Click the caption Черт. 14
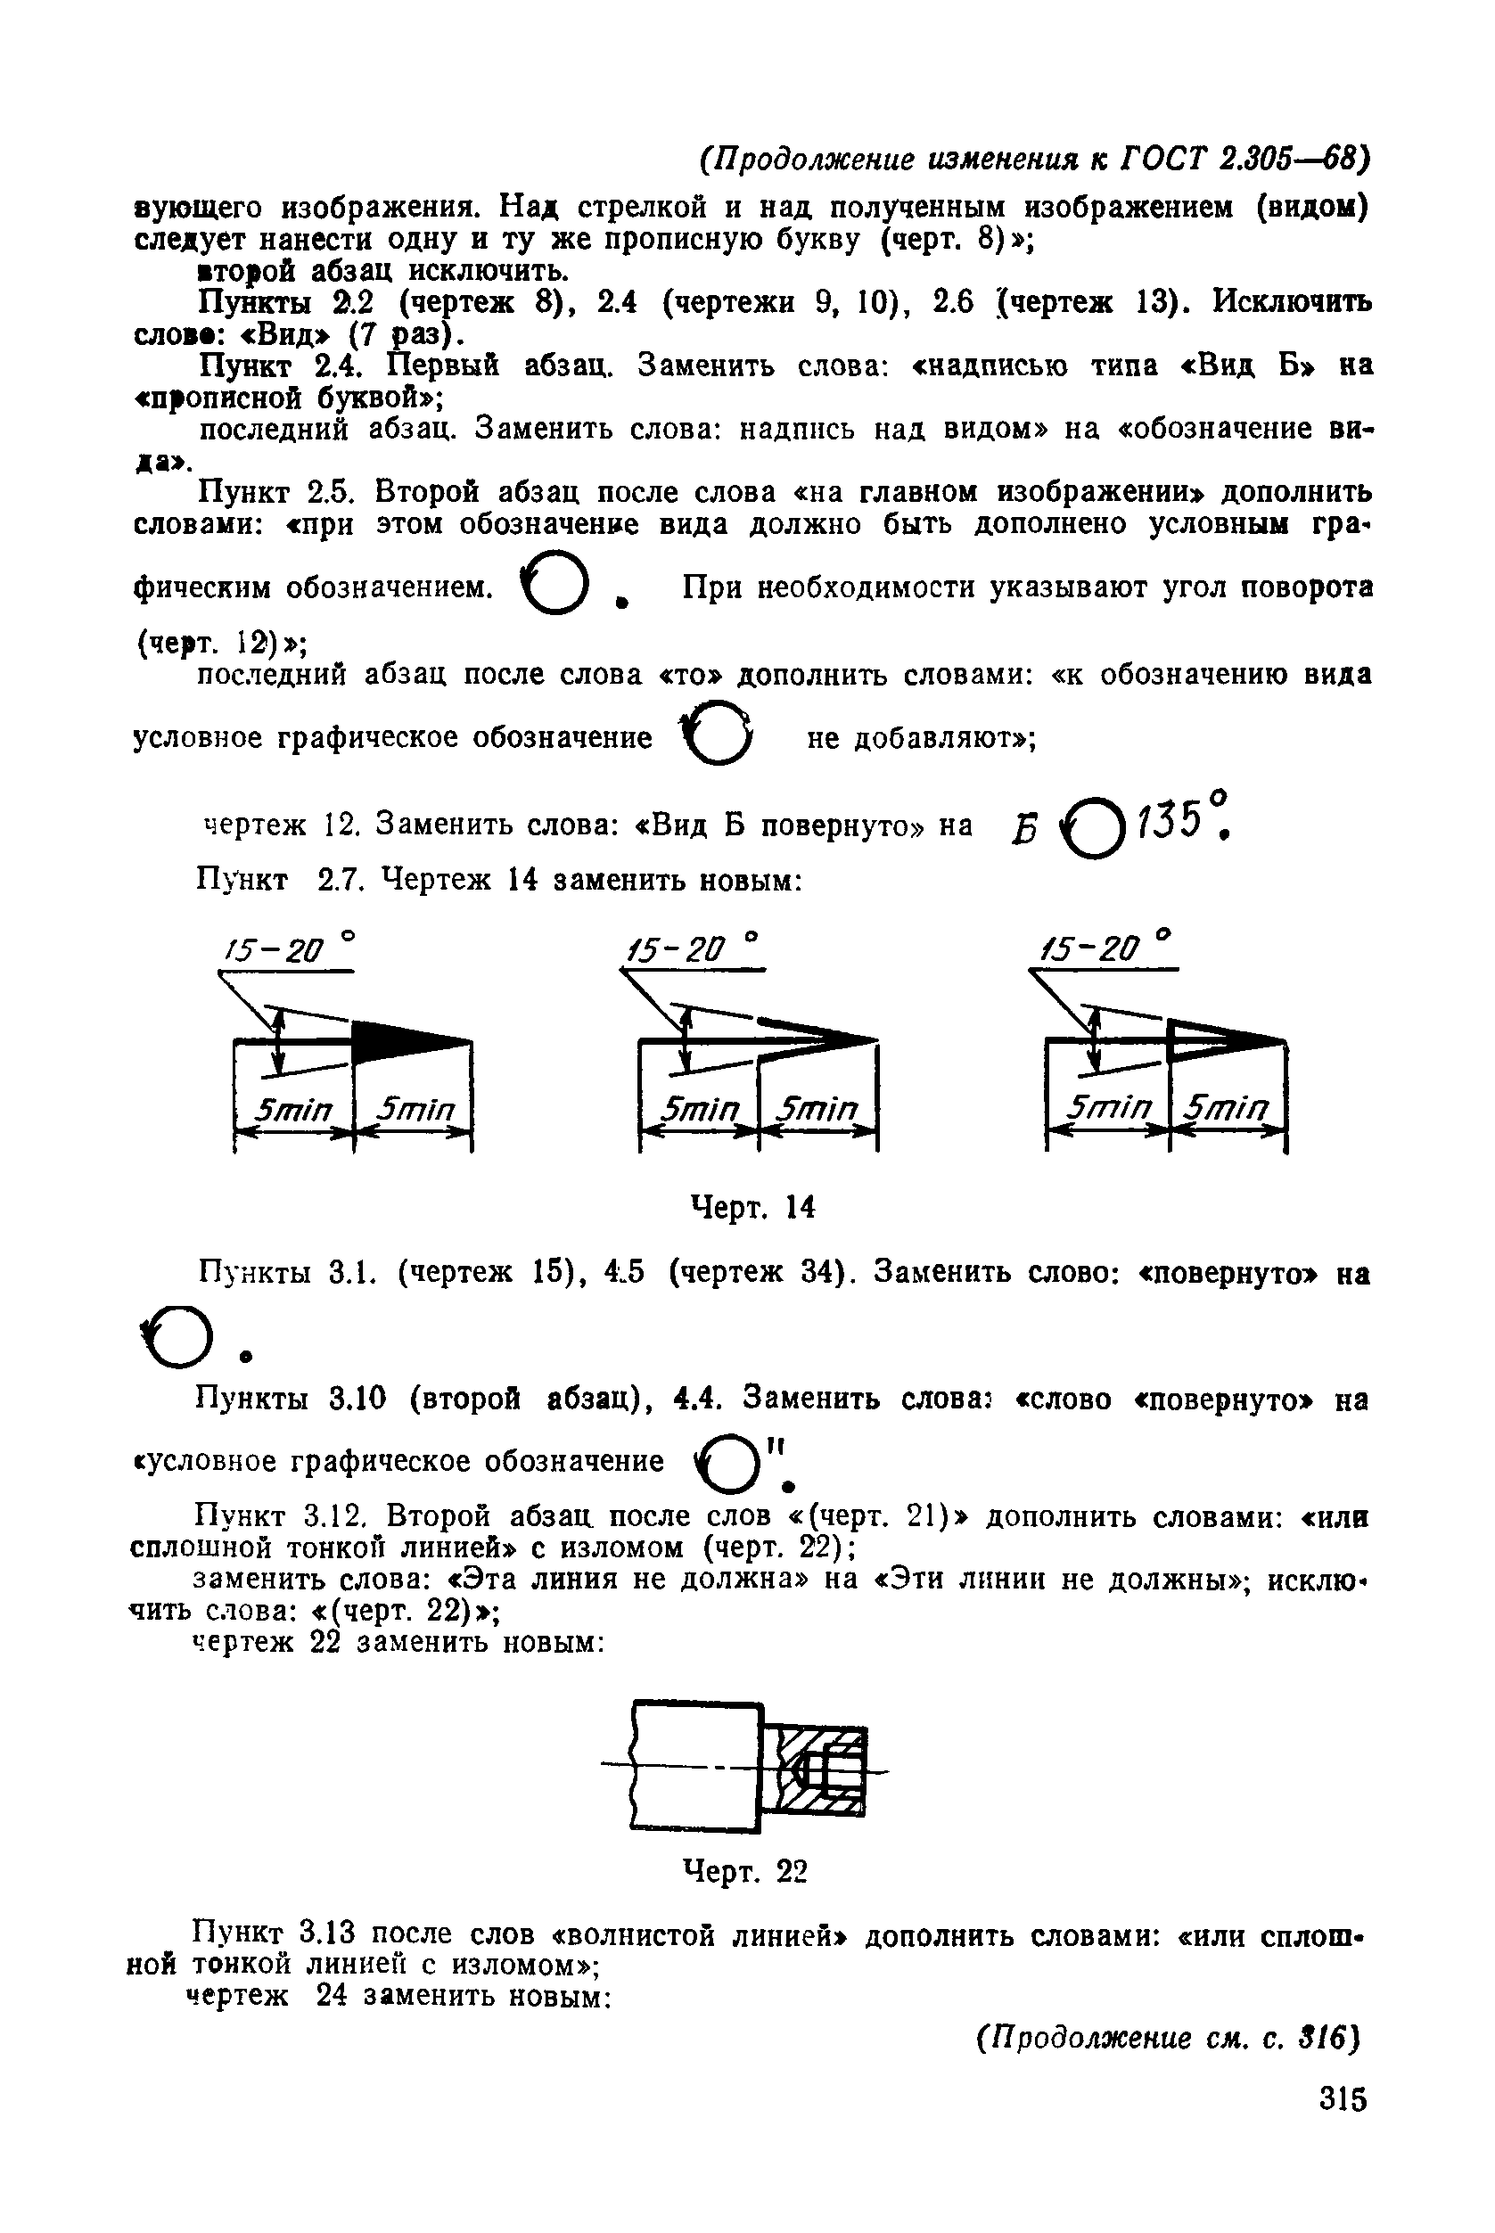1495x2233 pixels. (752, 1208)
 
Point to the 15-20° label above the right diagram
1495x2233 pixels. (1105, 948)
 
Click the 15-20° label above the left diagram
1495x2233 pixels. (287, 949)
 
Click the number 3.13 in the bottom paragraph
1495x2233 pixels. (327, 1933)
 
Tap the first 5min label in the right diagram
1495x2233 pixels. (1109, 1107)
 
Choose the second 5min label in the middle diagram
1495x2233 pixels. (817, 1109)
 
